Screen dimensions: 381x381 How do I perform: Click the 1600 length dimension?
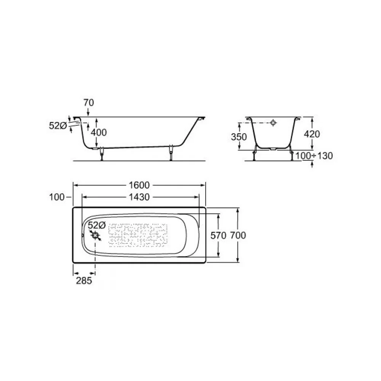tap(139, 186)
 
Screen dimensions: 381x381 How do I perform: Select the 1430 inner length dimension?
tap(139, 197)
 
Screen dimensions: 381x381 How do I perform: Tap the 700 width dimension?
tap(238, 235)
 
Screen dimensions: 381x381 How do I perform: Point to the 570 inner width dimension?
tap(218, 235)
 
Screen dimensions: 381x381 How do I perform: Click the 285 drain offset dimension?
tap(84, 281)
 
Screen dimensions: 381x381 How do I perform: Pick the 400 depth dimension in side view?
tap(99, 133)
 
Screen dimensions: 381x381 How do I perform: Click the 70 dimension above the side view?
tap(89, 103)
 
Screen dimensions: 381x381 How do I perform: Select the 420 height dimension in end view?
tap(312, 134)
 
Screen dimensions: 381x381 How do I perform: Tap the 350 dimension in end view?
tap(239, 137)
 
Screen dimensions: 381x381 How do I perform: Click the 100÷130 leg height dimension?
tap(314, 156)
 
